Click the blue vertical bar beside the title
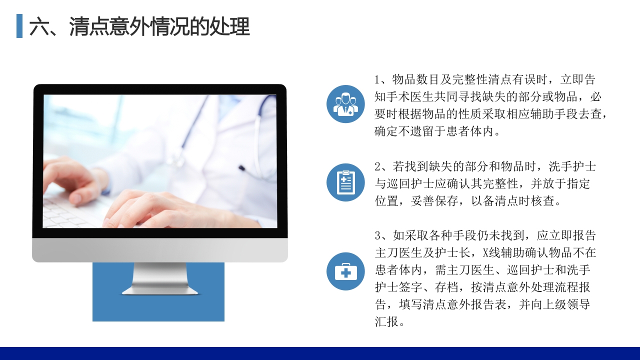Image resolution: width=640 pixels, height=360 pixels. click(x=19, y=26)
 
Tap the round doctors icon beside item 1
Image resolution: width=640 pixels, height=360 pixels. click(x=345, y=104)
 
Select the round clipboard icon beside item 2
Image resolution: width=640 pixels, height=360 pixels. click(x=345, y=182)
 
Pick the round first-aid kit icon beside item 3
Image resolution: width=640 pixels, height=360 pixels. click(x=345, y=271)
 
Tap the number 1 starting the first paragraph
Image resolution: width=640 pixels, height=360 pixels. click(x=378, y=80)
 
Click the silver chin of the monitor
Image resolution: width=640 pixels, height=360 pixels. click(x=159, y=249)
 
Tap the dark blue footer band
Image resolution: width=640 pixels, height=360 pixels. click(x=320, y=353)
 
